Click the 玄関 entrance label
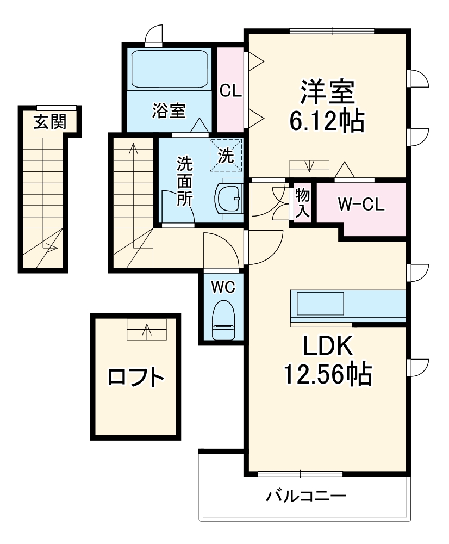click(50, 122)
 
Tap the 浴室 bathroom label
click(169, 111)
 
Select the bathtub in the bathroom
click(169, 69)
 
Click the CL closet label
click(230, 91)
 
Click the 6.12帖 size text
click(326, 122)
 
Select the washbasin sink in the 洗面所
click(229, 199)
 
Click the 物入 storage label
click(303, 203)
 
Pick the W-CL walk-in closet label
click(361, 205)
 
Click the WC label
click(223, 287)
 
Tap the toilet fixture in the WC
click(223, 321)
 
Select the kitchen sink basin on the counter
click(318, 304)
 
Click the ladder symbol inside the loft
click(147, 329)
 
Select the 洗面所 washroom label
click(185, 180)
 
